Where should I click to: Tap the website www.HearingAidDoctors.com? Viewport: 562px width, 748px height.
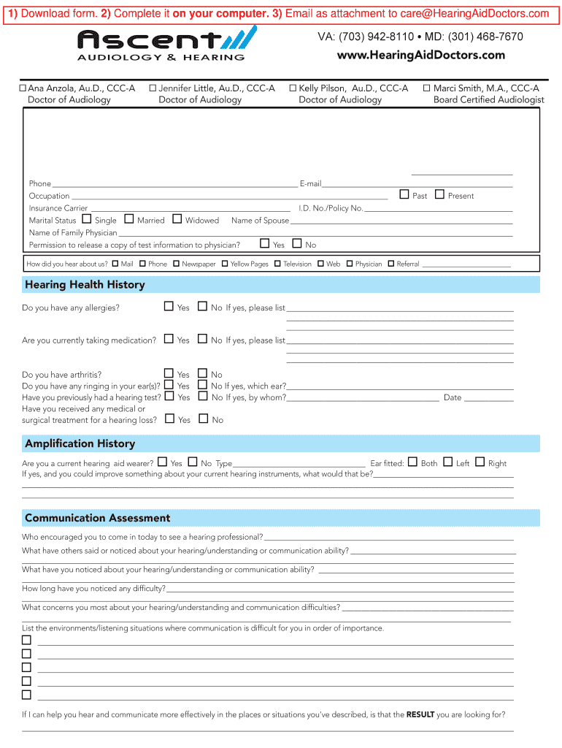point(420,56)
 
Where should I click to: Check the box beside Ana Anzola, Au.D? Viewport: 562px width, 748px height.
point(23,88)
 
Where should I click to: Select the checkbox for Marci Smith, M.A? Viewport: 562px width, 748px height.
point(427,88)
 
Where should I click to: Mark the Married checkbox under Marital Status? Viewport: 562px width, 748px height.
point(129,219)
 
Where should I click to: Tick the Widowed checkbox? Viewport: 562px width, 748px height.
point(177,219)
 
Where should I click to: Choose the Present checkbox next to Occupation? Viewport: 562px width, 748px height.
point(439,194)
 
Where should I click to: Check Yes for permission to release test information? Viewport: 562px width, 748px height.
point(265,243)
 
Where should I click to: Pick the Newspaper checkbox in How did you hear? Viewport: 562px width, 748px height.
point(176,264)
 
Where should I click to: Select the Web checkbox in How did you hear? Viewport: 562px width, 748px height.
point(321,264)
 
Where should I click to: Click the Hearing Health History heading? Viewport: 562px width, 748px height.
point(85,285)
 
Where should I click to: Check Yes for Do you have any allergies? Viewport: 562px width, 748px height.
point(169,307)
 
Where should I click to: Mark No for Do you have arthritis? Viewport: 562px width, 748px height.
point(203,373)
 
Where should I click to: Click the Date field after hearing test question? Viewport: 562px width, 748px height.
point(488,398)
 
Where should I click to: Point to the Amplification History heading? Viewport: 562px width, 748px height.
point(80,443)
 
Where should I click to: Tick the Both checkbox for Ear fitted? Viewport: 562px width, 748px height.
point(412,462)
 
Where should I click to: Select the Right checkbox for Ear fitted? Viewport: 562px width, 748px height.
point(480,462)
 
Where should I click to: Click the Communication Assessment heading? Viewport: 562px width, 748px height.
point(97,518)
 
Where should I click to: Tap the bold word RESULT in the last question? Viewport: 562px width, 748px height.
point(420,714)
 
